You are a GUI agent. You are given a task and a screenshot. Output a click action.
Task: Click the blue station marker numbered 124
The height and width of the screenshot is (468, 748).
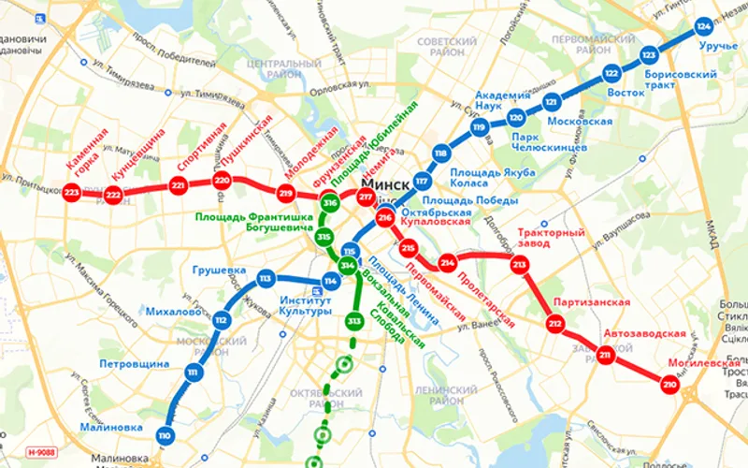(703, 27)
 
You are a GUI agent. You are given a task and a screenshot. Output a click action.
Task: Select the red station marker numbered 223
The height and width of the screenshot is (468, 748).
(72, 193)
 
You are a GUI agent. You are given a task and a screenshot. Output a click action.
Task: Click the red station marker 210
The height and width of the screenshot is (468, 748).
(669, 384)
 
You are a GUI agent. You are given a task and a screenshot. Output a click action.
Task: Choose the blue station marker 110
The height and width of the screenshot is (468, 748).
(165, 435)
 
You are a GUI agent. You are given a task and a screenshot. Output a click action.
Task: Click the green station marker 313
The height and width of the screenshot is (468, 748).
(353, 322)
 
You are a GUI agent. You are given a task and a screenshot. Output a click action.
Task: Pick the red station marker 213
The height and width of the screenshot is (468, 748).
(520, 267)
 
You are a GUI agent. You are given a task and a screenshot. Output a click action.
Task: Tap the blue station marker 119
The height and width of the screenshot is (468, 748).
(480, 128)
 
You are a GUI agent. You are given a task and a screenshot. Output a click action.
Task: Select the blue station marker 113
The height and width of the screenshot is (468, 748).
(266, 278)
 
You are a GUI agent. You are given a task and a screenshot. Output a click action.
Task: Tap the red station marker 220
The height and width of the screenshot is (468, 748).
(222, 181)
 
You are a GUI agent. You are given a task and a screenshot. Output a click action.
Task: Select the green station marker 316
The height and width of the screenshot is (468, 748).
(329, 203)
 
